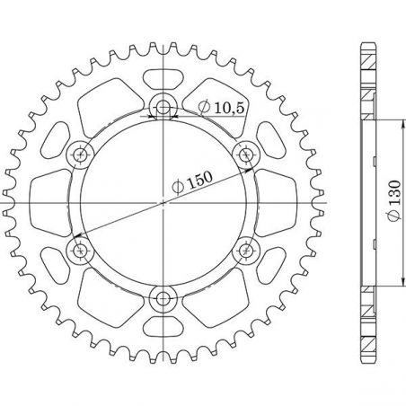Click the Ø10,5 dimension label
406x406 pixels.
pyautogui.click(x=222, y=108)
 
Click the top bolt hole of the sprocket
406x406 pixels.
pyautogui.click(x=163, y=108)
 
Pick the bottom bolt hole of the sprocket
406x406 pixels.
pyautogui.click(x=163, y=298)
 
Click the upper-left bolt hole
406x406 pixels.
pyautogui.click(x=80, y=154)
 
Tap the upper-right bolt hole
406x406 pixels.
pyautogui.click(x=246, y=154)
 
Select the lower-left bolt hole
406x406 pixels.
pyautogui.click(x=80, y=251)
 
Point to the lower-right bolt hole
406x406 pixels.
pyautogui.click(x=246, y=251)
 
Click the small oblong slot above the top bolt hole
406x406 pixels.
pyautogui.click(x=163, y=79)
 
